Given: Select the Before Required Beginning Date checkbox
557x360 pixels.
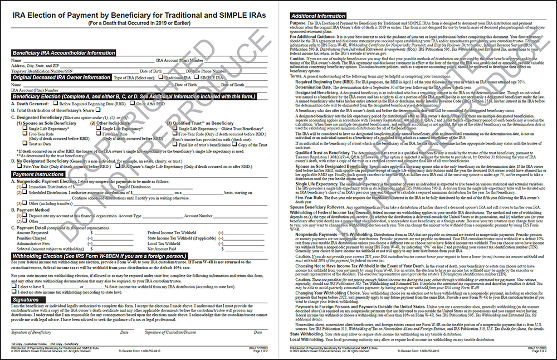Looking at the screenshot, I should [x=56, y=104].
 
